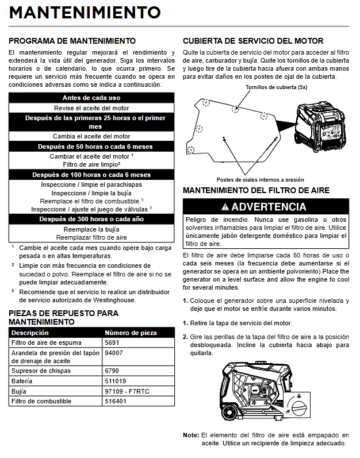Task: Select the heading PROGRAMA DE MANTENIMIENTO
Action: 72,41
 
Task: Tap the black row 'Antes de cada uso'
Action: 91,98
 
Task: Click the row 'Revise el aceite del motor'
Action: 91,108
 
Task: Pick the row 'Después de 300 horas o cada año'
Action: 91,219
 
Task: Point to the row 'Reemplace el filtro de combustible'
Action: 91,201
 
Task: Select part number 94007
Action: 113,352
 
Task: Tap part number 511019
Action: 115,380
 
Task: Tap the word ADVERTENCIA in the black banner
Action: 269,207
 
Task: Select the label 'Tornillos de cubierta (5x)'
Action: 276,88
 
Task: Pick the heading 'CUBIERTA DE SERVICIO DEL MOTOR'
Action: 252,41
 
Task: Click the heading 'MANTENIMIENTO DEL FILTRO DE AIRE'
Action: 256,190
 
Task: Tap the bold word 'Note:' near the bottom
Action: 191,435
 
